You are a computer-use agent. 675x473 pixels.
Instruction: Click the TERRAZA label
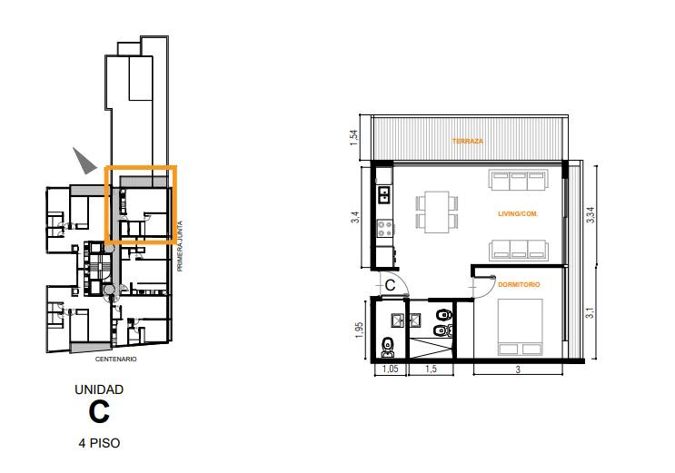[468, 141]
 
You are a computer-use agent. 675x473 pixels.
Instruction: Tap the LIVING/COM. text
[518, 213]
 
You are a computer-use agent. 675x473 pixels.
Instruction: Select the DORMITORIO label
[519, 284]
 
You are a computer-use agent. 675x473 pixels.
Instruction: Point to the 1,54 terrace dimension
[354, 137]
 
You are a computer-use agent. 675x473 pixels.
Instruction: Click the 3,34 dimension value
[591, 214]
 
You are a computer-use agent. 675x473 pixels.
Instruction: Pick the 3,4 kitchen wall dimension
[354, 216]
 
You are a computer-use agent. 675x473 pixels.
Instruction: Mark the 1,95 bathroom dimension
[361, 330]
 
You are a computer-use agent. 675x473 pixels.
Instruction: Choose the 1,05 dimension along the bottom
[390, 369]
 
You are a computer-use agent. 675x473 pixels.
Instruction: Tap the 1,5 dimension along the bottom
[431, 369]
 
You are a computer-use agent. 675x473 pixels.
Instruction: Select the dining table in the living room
[436, 212]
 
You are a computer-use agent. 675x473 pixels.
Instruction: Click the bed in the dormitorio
[520, 328]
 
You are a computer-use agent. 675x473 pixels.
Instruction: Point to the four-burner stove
[385, 228]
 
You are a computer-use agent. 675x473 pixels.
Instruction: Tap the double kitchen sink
[383, 194]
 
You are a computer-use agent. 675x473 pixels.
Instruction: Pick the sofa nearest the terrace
[519, 180]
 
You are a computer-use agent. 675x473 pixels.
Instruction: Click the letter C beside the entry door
[390, 285]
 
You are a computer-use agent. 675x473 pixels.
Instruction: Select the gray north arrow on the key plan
[84, 161]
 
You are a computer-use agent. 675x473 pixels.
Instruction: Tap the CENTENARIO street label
[115, 359]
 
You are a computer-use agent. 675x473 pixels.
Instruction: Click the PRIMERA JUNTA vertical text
[180, 246]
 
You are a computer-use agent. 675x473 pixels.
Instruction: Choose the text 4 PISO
[99, 443]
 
